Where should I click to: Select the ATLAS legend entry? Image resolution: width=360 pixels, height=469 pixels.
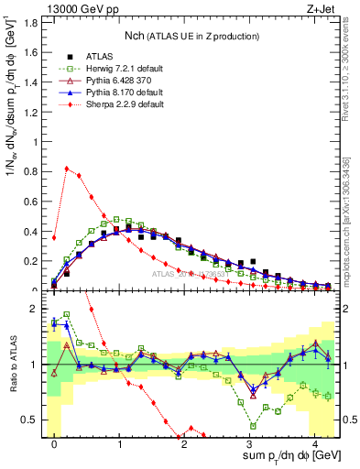pyautogui.click(x=97, y=55)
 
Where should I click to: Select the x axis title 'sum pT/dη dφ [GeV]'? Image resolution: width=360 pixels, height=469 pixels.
pyautogui.click(x=280, y=455)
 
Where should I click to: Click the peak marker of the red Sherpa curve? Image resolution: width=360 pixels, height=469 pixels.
pyautogui.click(x=67, y=169)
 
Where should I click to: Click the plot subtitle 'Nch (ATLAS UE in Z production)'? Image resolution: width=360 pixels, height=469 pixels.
pyautogui.click(x=191, y=36)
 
